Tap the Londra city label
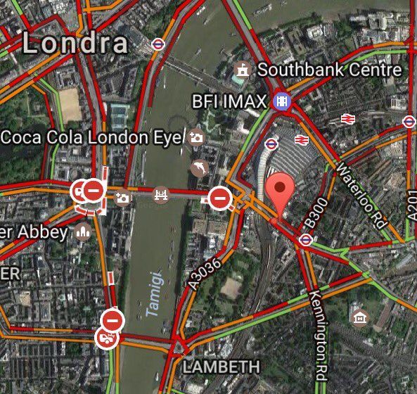tap(75, 44)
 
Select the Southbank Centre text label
tap(329, 70)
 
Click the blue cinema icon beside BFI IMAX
tap(282, 101)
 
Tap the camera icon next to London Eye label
tap(196, 136)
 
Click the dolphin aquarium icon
tap(200, 168)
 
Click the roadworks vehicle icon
tap(106, 338)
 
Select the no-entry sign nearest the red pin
tap(219, 198)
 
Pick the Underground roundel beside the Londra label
tap(158, 44)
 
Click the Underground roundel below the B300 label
tap(305, 241)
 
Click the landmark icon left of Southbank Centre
tap(243, 70)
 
